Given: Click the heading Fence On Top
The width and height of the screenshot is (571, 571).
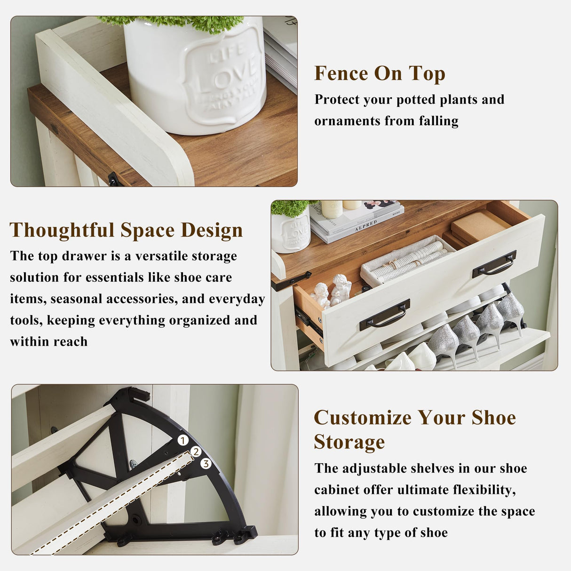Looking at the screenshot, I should [380, 74].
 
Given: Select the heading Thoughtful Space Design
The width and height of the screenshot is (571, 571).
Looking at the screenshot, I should [126, 230].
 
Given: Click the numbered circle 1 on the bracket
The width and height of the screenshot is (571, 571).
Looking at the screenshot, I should [183, 440].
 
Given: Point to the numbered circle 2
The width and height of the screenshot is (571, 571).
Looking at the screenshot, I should [196, 452].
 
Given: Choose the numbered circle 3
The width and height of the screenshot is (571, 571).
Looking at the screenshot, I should [206, 464].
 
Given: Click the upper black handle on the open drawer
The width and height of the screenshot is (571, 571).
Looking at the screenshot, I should [494, 263].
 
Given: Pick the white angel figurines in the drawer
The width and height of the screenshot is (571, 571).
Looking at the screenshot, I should [332, 291].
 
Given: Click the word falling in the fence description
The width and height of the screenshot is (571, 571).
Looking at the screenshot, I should [438, 121].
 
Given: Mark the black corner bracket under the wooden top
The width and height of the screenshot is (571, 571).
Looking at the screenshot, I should [115, 179].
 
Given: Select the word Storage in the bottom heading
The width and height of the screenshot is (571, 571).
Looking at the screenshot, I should [349, 443].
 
